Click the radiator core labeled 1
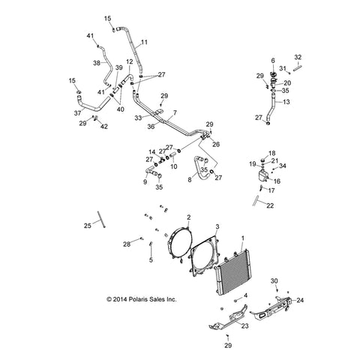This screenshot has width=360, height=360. (232, 271)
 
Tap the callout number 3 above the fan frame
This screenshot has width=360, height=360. (217, 226)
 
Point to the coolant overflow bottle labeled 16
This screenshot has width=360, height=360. (262, 175)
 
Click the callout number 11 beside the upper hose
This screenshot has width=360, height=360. (144, 42)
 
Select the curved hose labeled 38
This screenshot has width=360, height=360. (106, 67)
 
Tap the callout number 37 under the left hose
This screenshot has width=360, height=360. (77, 113)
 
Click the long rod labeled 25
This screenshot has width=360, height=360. (101, 219)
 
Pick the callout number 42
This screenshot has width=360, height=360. (104, 127)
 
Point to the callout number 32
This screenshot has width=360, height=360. (298, 57)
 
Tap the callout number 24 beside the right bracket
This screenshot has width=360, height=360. (300, 300)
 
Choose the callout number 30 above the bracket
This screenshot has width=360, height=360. (274, 281)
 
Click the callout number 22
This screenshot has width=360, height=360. (270, 205)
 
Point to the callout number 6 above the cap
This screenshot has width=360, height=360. (273, 61)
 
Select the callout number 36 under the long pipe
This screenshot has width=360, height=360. (151, 127)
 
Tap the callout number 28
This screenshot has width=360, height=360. (127, 244)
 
